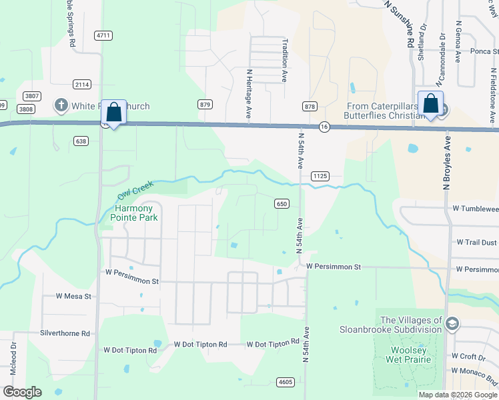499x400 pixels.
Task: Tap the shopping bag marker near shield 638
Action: (114, 112)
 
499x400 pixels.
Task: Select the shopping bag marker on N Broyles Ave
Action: (430, 105)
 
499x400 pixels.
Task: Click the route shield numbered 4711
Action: (103, 35)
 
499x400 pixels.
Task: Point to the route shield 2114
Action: (82, 84)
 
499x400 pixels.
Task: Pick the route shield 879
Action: (205, 104)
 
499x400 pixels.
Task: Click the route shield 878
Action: (310, 107)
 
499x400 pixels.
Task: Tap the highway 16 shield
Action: (324, 127)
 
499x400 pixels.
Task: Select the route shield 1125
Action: (320, 176)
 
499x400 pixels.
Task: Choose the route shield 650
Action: (281, 204)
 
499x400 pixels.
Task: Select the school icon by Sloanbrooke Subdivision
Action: (452, 324)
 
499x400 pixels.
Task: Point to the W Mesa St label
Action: (73, 296)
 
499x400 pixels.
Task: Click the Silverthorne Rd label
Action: (65, 333)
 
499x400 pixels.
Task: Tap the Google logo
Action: (23, 392)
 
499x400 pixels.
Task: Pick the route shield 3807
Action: (30, 96)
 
